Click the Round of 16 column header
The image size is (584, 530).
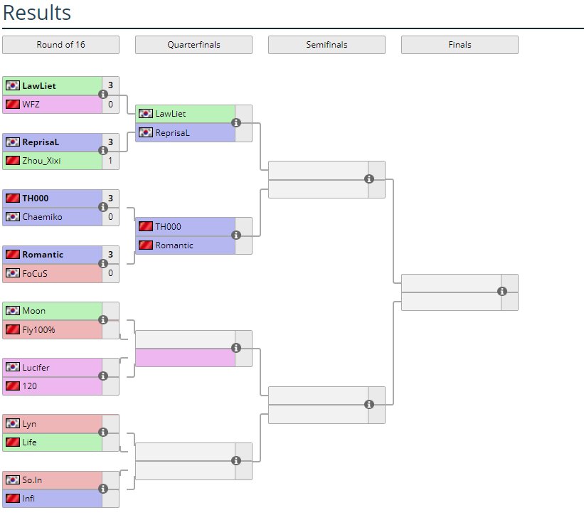[x=60, y=45]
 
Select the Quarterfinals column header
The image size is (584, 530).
[x=193, y=45]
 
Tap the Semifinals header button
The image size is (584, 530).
[x=326, y=45]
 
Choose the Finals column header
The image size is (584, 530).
[x=460, y=45]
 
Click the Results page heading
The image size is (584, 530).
[x=37, y=13]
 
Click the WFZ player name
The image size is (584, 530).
[x=31, y=105]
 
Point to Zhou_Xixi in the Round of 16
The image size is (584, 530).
[x=41, y=161]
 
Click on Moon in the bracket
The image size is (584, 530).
[x=33, y=311]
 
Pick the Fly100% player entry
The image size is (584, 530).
[x=38, y=329]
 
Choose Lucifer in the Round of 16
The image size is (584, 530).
[x=36, y=368]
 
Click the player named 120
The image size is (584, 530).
[x=29, y=386]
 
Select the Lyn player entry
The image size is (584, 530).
[x=29, y=424]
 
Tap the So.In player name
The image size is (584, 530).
[x=32, y=480]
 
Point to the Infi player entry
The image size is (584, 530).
[x=28, y=499]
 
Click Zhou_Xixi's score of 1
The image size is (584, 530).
[x=110, y=161]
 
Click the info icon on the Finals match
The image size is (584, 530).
[x=502, y=292]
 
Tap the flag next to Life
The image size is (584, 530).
[x=12, y=442]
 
